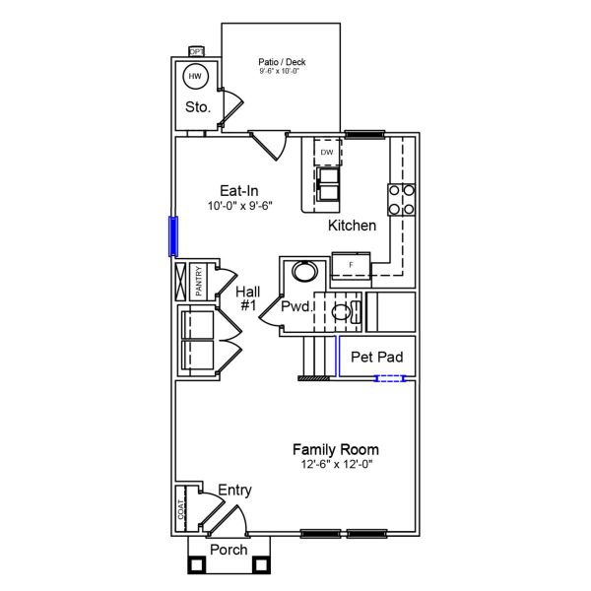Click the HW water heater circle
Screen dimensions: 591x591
(x=194, y=76)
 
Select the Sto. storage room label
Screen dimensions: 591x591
(x=197, y=107)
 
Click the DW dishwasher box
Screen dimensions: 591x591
(x=326, y=153)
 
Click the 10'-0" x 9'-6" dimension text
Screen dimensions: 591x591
(x=239, y=206)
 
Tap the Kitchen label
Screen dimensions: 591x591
(x=352, y=226)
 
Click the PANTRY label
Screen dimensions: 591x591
(x=198, y=281)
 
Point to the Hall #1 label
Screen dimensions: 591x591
(x=247, y=299)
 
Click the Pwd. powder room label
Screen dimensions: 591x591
(x=296, y=307)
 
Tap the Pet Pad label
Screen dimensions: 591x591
(x=376, y=356)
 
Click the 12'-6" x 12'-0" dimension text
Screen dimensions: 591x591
(x=337, y=464)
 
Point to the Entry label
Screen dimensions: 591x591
(x=234, y=490)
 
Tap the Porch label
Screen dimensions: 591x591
(x=229, y=550)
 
